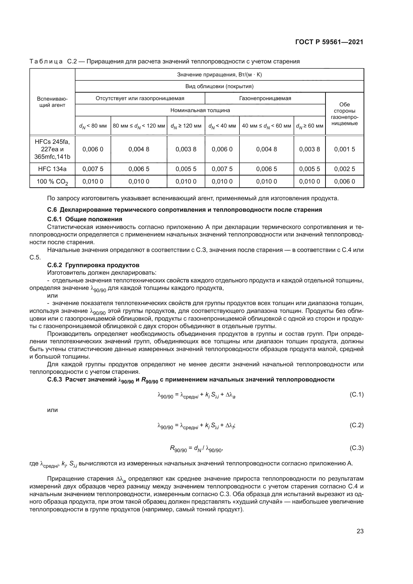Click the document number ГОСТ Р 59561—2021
coord(329,42)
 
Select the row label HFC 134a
coord(52,169)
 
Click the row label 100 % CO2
coord(52,182)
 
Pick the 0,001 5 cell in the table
coord(344,149)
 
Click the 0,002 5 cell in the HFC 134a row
coord(344,169)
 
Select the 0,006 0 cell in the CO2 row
coord(344,182)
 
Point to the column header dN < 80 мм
coord(93,126)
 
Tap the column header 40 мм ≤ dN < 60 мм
coord(266,126)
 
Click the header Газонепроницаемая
coord(265,98)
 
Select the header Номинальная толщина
coord(200,110)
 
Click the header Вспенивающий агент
coord(52,102)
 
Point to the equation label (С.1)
coord(357,394)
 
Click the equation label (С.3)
coord(357,448)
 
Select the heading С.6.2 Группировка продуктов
coord(93,265)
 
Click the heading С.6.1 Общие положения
coord(85,219)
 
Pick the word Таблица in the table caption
coord(46,62)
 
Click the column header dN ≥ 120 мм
coord(186,126)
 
